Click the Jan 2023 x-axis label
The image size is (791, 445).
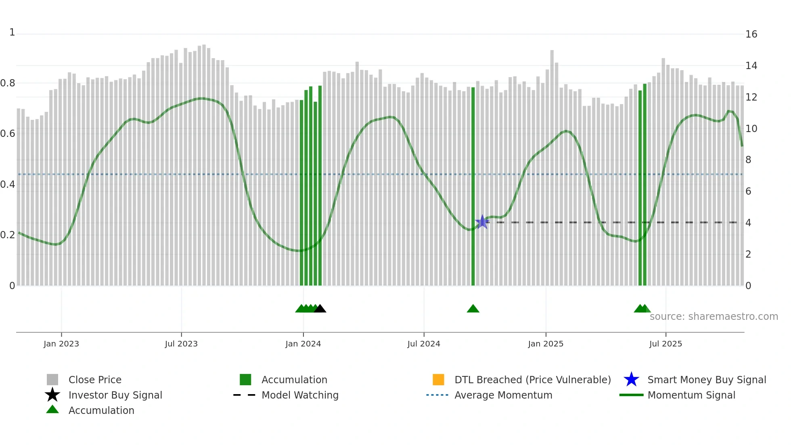(x=61, y=344)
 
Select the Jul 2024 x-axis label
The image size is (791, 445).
(x=424, y=344)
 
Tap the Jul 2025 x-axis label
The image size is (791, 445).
(x=665, y=344)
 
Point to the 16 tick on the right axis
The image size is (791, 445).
(x=751, y=34)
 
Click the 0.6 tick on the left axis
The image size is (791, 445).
(x=8, y=134)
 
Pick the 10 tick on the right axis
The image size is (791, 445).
(x=751, y=129)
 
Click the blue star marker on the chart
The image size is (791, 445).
(x=482, y=222)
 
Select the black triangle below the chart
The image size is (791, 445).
(x=320, y=309)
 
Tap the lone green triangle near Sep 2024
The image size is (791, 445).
(x=473, y=309)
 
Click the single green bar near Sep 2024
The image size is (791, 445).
(x=473, y=186)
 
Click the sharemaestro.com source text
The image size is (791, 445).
(x=714, y=317)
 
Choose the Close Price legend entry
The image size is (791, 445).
(x=95, y=380)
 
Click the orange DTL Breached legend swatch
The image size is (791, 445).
(x=438, y=380)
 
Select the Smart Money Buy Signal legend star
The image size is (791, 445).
(x=631, y=380)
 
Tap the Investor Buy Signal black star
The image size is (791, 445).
(x=52, y=395)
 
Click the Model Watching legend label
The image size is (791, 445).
(x=300, y=395)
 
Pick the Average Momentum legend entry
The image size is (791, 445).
(x=503, y=395)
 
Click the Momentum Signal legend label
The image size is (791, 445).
(x=691, y=395)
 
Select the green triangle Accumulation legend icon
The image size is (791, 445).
(x=52, y=409)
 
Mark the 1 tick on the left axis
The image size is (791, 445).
(x=12, y=32)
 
